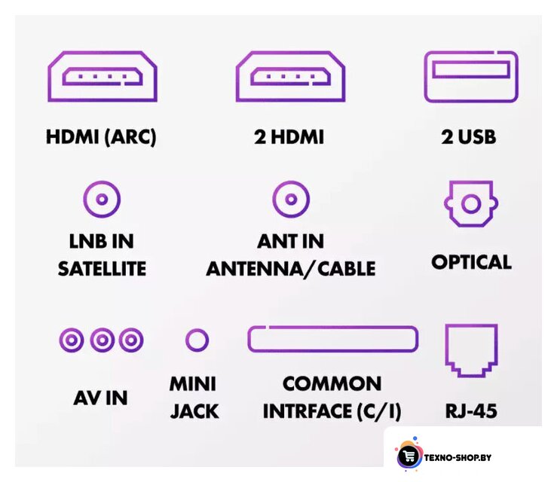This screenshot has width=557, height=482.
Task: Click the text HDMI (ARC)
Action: tap(101, 137)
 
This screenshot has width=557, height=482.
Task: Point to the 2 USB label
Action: tap(469, 137)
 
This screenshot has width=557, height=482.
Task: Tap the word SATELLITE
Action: tap(102, 269)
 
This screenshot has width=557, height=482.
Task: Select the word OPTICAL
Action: tap(471, 262)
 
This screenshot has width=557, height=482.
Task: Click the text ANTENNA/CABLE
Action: tap(291, 269)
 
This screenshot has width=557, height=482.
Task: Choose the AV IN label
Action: tap(100, 398)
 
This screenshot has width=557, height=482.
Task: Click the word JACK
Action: tap(194, 411)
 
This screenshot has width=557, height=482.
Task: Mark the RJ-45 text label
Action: tap(471, 411)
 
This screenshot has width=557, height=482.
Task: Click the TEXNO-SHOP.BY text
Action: tap(458, 457)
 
